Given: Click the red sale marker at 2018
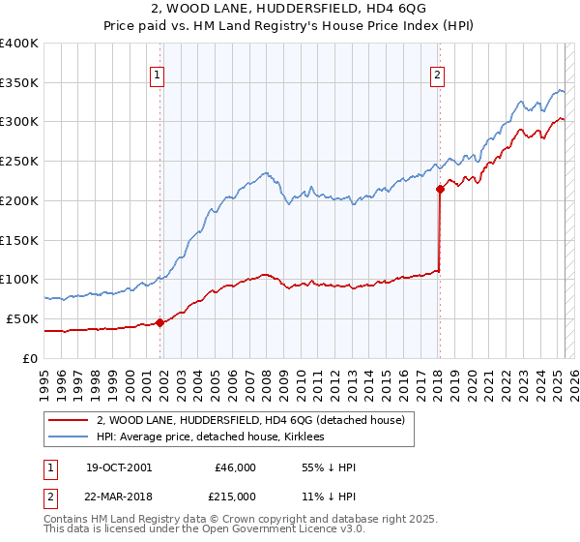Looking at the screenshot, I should pyautogui.click(x=440, y=189).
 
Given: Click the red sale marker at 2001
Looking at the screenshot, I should pyautogui.click(x=160, y=323).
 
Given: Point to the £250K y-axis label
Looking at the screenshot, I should pyautogui.click(x=19, y=162).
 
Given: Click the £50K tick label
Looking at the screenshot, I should pyautogui.click(x=23, y=318).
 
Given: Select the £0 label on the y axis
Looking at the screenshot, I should pyautogui.click(x=31, y=358).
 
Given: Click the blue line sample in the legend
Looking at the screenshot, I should pyautogui.click(x=69, y=437).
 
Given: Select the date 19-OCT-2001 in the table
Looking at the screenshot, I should pyautogui.click(x=119, y=467).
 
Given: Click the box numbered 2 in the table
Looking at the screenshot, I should pyautogui.click(x=50, y=496).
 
